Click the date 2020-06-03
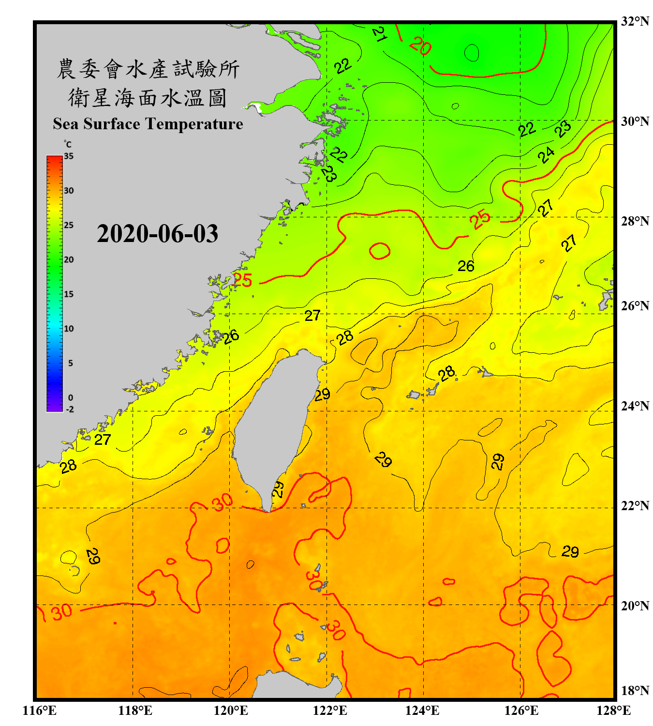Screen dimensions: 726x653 (x=157, y=234)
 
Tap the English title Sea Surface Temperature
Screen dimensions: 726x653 (x=148, y=124)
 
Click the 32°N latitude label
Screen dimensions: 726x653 (x=635, y=21)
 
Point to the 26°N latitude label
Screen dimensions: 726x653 (x=635, y=306)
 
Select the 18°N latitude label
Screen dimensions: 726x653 (x=635, y=691)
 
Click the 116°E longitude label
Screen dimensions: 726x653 (x=40, y=711)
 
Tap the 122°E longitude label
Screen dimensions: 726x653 (x=330, y=711)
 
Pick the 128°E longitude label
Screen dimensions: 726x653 (x=613, y=711)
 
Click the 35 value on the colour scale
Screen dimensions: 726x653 (x=69, y=156)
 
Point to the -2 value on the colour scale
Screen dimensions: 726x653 (x=70, y=409)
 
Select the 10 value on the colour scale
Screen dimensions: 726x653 (x=69, y=329)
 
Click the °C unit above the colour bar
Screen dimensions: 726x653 (x=68, y=144)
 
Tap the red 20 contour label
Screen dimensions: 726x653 (x=420, y=46)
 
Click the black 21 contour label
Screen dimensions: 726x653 (x=380, y=34)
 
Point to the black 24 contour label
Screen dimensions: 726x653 (x=546, y=155)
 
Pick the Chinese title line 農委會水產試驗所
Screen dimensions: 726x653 (x=148, y=69)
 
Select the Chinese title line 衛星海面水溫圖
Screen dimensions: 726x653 (x=148, y=98)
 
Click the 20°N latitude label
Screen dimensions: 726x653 (x=635, y=605)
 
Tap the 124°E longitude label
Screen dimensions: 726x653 (x=422, y=711)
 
